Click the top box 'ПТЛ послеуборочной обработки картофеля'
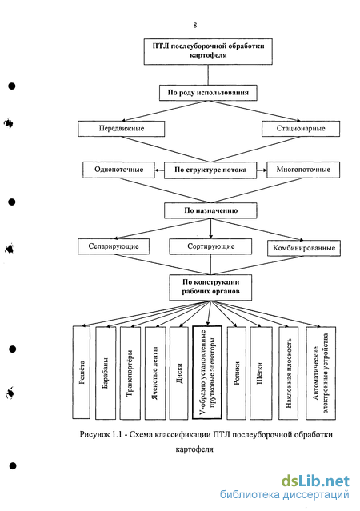pyautogui.click(x=208, y=51)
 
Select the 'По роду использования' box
pyautogui.click(x=208, y=93)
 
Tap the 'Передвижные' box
pyautogui.click(x=121, y=129)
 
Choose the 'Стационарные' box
pyautogui.click(x=301, y=129)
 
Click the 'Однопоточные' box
pyautogui.click(x=118, y=170)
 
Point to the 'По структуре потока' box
pyautogui.click(x=210, y=170)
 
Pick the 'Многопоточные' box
pyautogui.click(x=303, y=170)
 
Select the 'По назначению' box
pyautogui.click(x=210, y=210)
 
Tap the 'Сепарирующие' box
pyautogui.click(x=114, y=246)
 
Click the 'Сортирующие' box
pyautogui.click(x=210, y=246)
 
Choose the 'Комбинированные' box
pyautogui.click(x=303, y=248)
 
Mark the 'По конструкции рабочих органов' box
pyautogui.click(x=210, y=287)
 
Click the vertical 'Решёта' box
pyautogui.click(x=81, y=372)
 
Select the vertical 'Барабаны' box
pyautogui.click(x=106, y=373)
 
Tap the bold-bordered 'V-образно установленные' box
pyautogui.click(x=207, y=372)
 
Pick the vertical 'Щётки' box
pyautogui.click(x=261, y=373)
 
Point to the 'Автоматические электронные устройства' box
pyautogui.click(x=321, y=373)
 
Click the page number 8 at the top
pyautogui.click(x=195, y=25)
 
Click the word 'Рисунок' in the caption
pyautogui.click(x=94, y=435)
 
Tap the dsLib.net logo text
pyautogui.click(x=315, y=481)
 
